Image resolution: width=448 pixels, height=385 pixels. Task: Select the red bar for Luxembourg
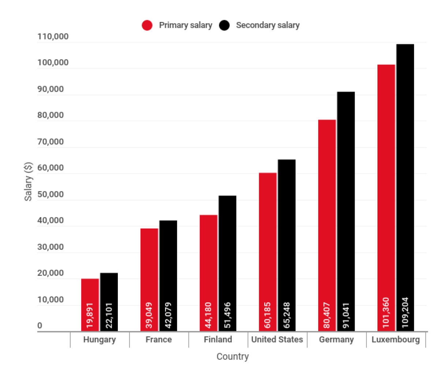tap(387, 183)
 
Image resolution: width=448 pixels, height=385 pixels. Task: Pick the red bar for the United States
tap(268, 238)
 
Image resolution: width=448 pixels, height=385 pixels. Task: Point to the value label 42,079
tap(168, 315)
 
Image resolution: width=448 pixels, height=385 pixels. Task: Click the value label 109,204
tap(405, 312)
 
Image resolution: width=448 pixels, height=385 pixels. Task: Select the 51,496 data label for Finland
tap(228, 315)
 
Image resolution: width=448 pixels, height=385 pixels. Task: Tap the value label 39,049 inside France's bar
tap(150, 315)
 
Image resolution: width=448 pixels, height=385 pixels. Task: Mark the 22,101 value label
tap(109, 315)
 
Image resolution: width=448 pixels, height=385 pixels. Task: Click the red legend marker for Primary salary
tap(147, 25)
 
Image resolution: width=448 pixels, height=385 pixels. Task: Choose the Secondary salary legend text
tap(268, 25)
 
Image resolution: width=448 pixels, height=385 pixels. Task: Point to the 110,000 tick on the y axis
tap(53, 36)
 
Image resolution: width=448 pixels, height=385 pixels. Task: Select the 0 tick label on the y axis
tap(40, 326)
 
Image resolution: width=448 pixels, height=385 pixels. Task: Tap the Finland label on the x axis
tap(218, 340)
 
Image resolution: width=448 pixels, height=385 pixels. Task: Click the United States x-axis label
tap(277, 340)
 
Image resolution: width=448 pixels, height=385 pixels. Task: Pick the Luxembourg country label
tap(396, 340)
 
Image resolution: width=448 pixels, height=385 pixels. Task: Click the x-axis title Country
tap(232, 356)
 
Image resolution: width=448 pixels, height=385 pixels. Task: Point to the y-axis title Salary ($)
tap(29, 182)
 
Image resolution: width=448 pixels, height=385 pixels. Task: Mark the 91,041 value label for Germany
tap(346, 315)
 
